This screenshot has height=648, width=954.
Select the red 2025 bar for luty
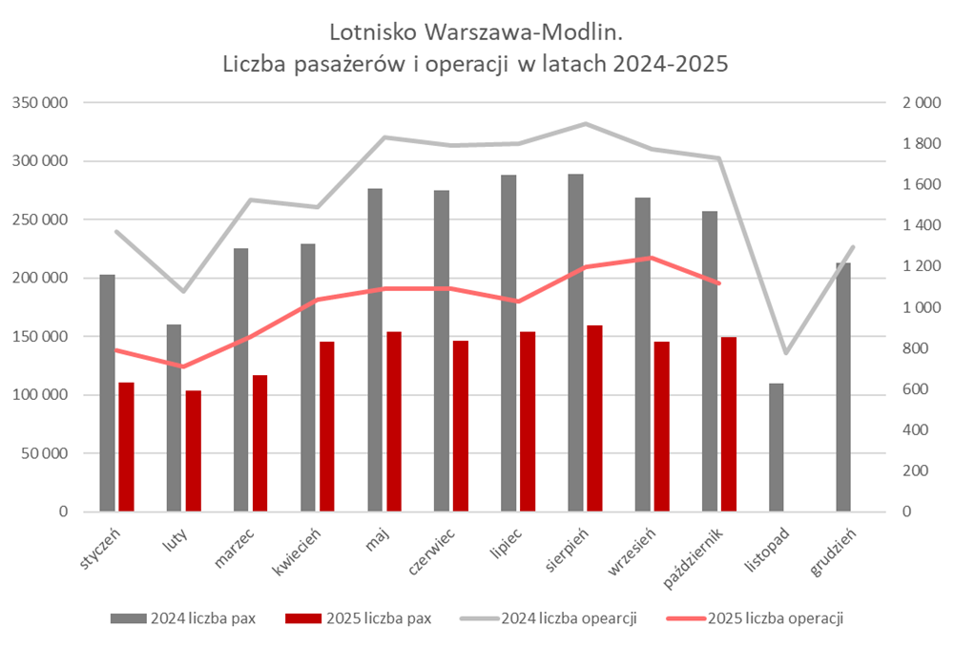pyautogui.click(x=194, y=450)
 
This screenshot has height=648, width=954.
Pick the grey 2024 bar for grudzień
pyautogui.click(x=843, y=387)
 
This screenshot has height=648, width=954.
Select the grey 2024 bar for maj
pyautogui.click(x=375, y=349)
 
